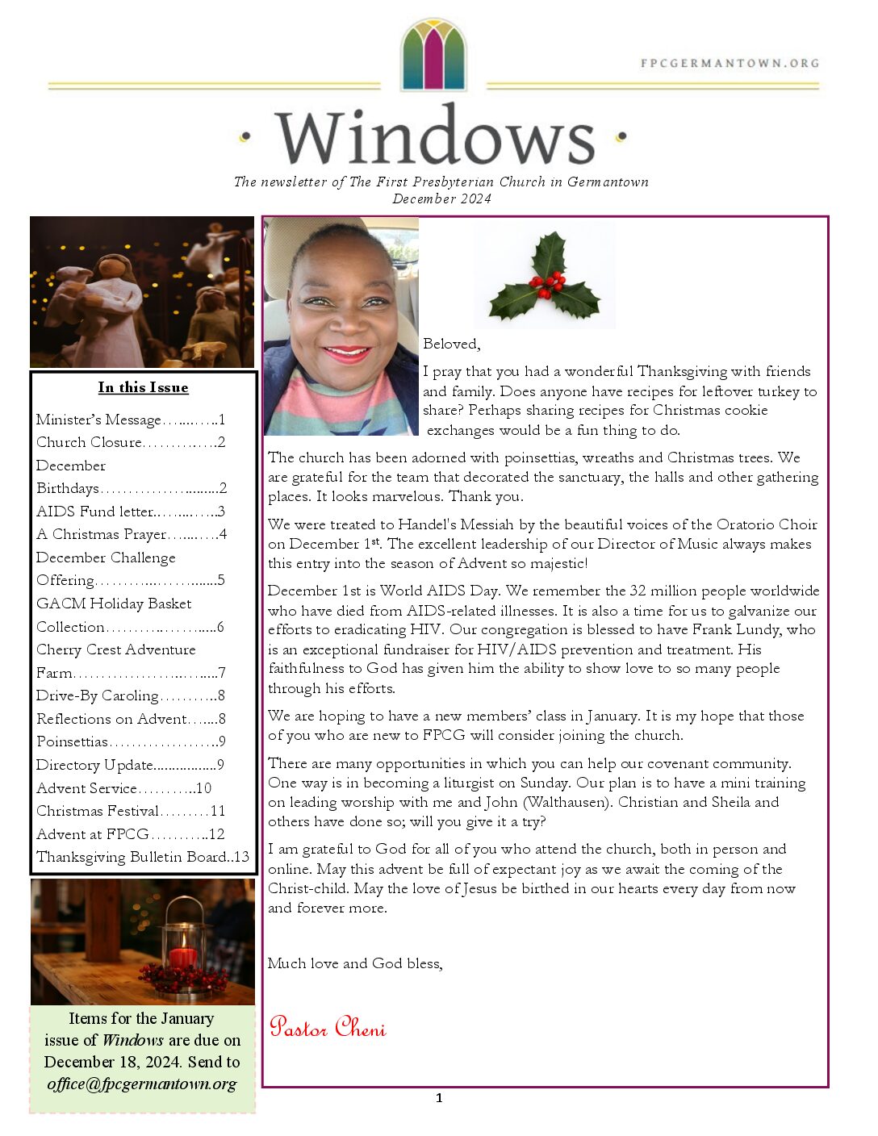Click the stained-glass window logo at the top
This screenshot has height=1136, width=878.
[434, 55]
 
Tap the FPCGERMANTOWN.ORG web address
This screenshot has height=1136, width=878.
[730, 63]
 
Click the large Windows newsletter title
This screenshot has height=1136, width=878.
[435, 137]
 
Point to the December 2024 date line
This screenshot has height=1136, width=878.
[441, 198]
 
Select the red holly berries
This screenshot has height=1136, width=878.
[550, 282]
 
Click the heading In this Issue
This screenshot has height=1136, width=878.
[143, 387]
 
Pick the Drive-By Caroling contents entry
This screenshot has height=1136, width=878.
[130, 695]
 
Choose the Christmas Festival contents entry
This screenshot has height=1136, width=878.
[130, 811]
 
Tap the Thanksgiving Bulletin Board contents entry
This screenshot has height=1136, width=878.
[142, 857]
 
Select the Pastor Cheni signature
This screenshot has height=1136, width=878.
[328, 1027]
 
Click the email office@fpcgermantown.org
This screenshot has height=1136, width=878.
[142, 1084]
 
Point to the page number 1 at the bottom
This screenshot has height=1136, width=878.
[439, 1097]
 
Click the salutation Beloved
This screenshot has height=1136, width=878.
[451, 344]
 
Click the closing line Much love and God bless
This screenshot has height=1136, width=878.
[355, 963]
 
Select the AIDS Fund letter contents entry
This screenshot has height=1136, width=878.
[130, 512]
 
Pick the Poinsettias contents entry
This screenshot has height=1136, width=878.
[130, 741]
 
